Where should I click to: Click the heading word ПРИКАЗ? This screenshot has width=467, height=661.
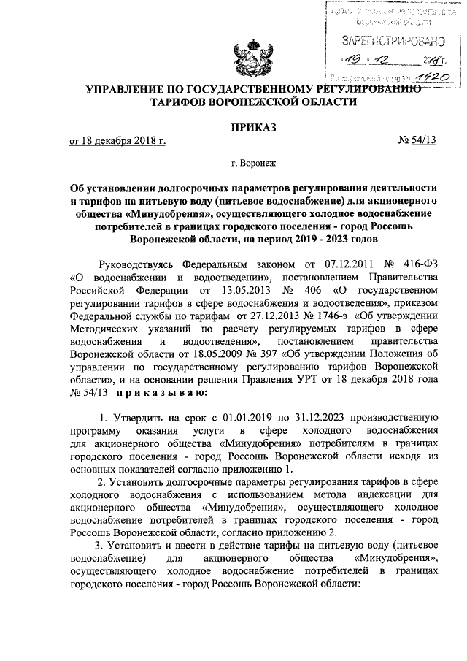tap(254, 129)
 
